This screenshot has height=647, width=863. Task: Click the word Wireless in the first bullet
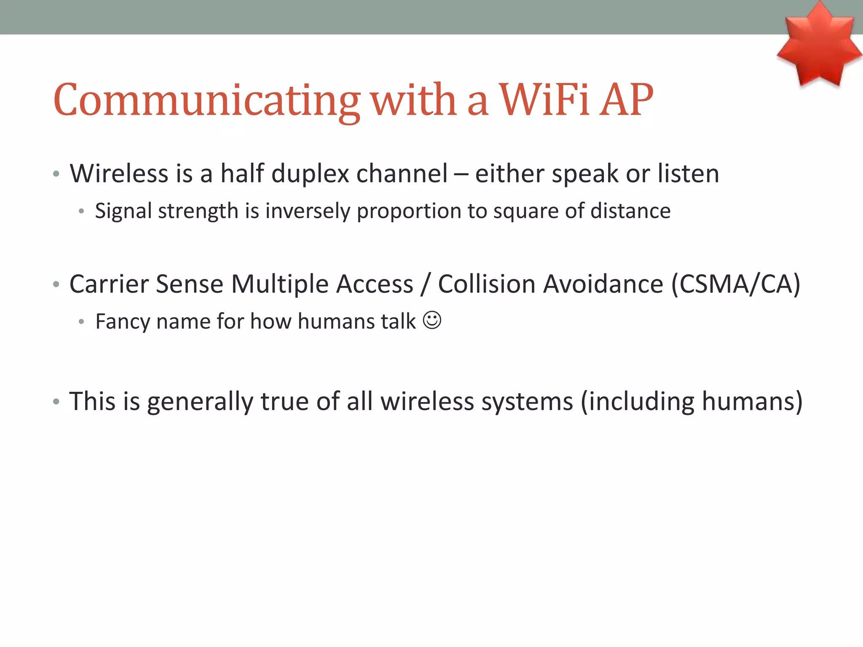click(x=119, y=173)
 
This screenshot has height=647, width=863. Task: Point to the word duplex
click(x=310, y=174)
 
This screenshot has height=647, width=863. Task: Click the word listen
click(x=688, y=173)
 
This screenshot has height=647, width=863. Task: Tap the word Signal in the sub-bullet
click(x=123, y=211)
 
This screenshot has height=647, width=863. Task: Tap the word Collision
click(x=487, y=283)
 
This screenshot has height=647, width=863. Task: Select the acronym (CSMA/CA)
click(x=735, y=284)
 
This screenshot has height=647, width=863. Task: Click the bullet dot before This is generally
click(x=56, y=402)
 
